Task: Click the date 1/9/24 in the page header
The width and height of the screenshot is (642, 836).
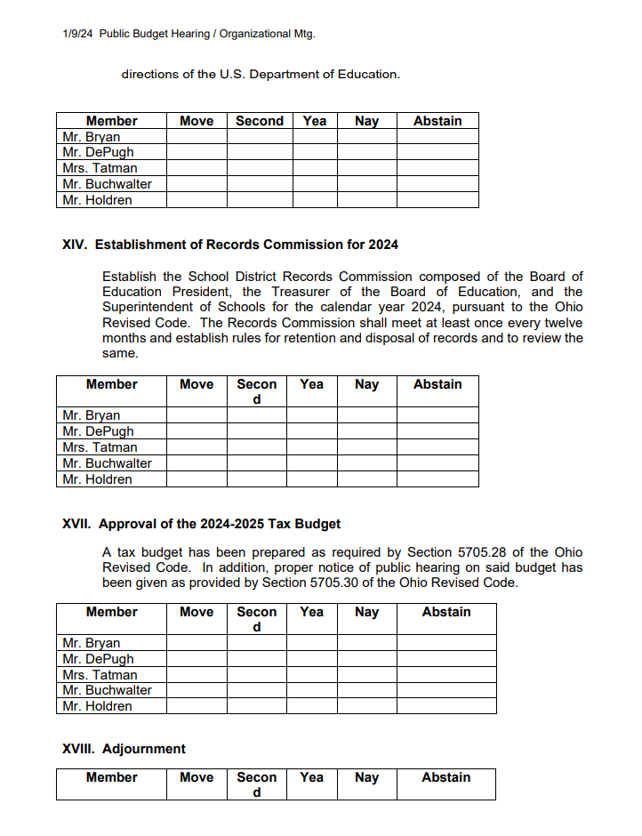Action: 77,34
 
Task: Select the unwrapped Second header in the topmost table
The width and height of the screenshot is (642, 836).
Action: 260,121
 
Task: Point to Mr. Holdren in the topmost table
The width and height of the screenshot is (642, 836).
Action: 97,200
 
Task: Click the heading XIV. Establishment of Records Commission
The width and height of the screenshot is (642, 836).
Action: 230,245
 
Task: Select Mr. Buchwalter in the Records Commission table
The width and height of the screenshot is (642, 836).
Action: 107,463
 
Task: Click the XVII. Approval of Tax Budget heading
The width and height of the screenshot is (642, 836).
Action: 201,524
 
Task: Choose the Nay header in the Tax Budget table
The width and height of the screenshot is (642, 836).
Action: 366,612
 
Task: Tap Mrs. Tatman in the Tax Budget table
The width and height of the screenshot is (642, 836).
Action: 100,675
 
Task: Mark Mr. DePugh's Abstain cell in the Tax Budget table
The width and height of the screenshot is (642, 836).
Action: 446,659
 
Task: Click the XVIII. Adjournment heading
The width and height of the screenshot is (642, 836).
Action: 124,749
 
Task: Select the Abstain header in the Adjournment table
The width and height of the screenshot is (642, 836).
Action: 445,777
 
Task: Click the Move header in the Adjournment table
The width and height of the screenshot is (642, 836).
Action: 197,777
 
